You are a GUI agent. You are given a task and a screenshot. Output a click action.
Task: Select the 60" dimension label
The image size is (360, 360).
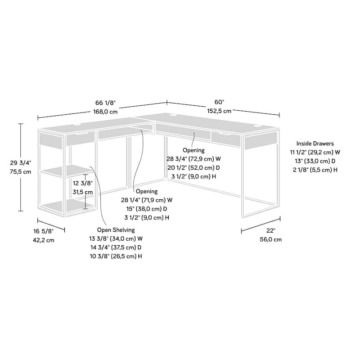click(219, 102)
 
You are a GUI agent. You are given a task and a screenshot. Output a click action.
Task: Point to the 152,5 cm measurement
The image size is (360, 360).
click(219, 111)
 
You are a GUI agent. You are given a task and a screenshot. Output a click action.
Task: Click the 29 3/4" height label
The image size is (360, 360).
click(21, 163)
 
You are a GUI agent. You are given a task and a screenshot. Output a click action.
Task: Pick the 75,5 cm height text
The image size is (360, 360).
click(21, 172)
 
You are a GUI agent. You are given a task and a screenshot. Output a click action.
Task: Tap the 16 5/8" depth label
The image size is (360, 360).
click(44, 231)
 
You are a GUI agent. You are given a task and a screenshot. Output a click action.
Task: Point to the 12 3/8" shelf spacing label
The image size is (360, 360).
click(82, 184)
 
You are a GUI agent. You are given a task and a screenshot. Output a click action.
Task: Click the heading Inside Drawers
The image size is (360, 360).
click(315, 144)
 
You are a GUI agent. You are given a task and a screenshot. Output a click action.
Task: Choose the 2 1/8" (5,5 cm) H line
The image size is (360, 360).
click(315, 169)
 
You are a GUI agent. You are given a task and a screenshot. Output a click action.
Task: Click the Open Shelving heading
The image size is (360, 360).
click(116, 230)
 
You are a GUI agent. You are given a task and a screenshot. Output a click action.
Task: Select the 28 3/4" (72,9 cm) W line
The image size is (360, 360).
click(193, 159)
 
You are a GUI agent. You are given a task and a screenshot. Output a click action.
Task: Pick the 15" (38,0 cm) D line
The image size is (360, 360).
click(146, 209)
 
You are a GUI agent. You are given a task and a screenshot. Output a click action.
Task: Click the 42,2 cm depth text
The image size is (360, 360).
click(44, 240)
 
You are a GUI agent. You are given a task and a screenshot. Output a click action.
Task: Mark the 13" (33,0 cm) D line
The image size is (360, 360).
click(315, 161)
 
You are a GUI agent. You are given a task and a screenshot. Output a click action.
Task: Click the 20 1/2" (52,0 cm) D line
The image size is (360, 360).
click(193, 167)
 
